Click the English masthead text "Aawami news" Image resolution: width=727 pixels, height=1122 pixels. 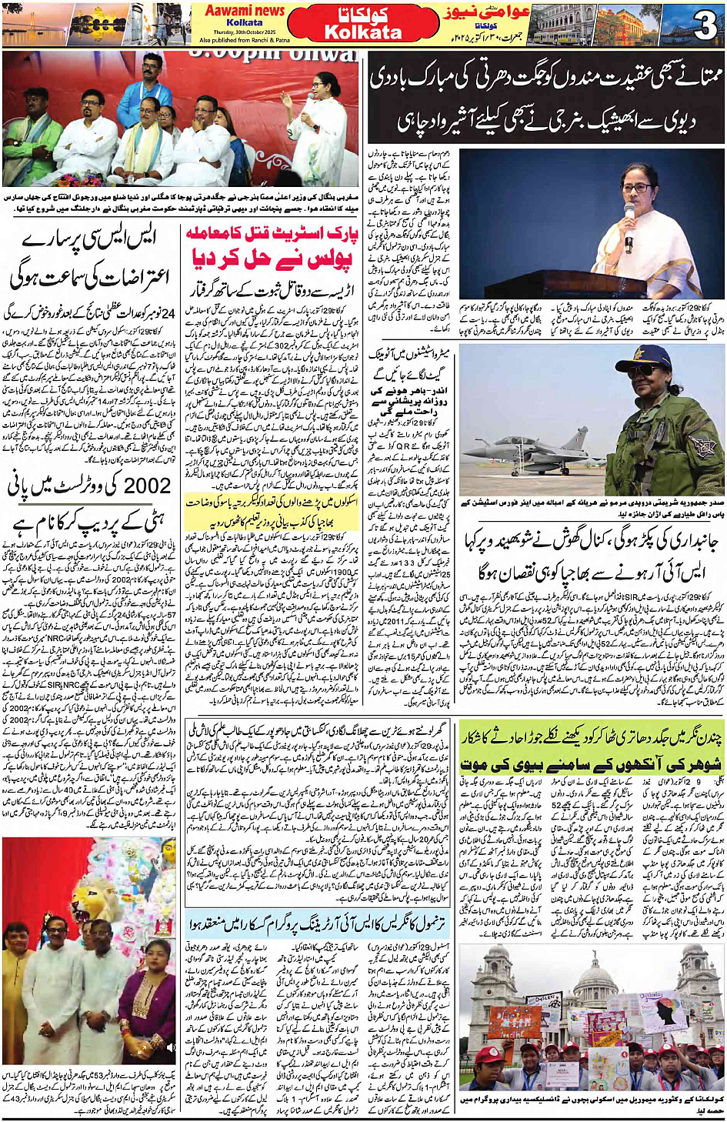point(244,11)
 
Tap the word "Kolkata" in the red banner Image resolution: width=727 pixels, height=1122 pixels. point(363,33)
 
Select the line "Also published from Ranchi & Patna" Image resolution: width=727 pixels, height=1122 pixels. point(244,40)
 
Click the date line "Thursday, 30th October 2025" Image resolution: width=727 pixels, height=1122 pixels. point(244,32)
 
